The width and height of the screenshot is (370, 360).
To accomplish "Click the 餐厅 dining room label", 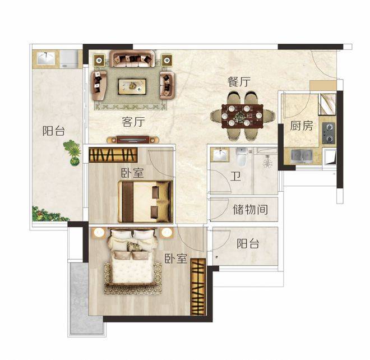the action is (x=239, y=82).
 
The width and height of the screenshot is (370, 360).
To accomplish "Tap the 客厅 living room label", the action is (x=133, y=122).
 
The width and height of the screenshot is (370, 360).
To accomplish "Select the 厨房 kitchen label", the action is (x=302, y=126).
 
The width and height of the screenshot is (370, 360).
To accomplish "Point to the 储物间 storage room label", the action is (x=250, y=209).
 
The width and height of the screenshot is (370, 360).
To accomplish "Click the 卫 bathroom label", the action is (x=235, y=176).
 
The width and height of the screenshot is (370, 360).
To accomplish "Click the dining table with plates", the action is (x=242, y=116).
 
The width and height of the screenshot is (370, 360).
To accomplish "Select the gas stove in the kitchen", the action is (x=329, y=133).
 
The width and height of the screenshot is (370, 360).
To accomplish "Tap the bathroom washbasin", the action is (x=220, y=155).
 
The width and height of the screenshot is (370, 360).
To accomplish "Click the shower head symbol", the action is (x=267, y=161).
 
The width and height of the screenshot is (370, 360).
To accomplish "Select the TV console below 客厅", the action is (x=133, y=140).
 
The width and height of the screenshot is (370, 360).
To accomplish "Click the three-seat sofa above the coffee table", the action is (x=132, y=58).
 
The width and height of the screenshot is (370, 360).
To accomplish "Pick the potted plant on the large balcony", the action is (x=72, y=153).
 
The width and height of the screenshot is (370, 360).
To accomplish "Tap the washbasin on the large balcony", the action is (x=46, y=58).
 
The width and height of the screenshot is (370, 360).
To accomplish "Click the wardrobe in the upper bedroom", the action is (x=113, y=155).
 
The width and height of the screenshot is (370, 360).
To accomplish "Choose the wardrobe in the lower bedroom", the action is (x=198, y=287).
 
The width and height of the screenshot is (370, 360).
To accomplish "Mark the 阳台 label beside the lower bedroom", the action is (x=248, y=243).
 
